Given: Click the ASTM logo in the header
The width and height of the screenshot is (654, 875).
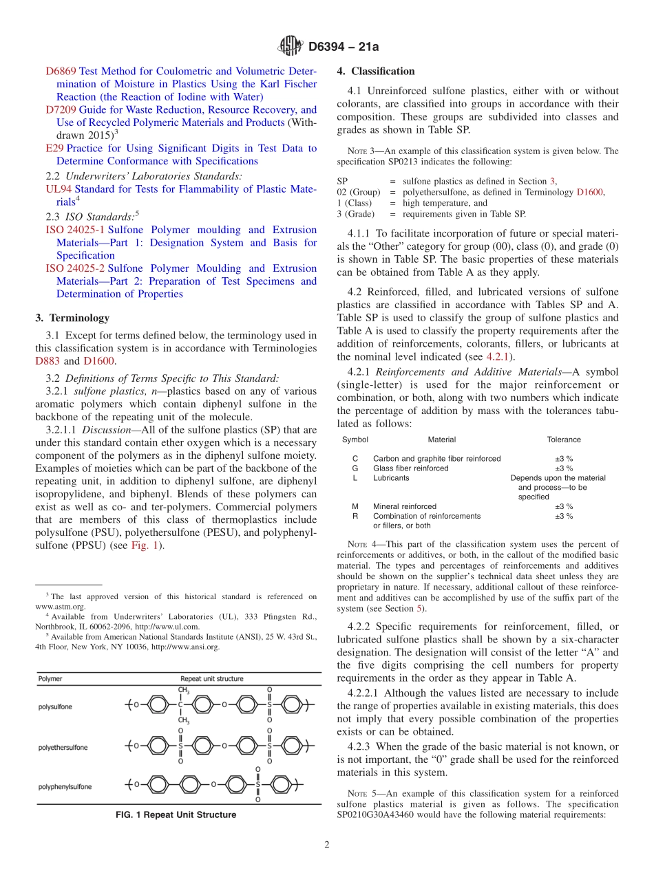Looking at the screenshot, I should [x=290, y=46].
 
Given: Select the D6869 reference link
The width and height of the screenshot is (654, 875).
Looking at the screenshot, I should [x=61, y=71].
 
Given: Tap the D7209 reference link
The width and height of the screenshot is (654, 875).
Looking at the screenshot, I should [x=61, y=109].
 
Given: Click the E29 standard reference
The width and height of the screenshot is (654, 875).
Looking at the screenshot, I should [x=54, y=148].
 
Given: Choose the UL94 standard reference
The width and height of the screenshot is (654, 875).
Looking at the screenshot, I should [x=59, y=188].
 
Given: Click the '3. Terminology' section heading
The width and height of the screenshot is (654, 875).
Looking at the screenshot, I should [x=72, y=318].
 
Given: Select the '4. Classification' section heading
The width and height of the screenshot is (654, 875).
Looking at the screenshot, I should [x=376, y=71].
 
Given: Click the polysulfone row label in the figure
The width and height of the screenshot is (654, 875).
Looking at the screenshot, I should [x=55, y=706].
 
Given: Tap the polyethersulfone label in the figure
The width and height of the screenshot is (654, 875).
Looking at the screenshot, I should [x=63, y=746].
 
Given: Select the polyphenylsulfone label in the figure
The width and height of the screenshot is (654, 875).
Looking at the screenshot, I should [x=65, y=786].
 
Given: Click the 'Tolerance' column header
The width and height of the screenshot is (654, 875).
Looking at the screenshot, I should [x=563, y=440].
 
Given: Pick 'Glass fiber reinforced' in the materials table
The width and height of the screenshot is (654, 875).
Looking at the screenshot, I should [x=410, y=468].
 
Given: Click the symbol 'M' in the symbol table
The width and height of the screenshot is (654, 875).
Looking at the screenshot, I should [x=355, y=506].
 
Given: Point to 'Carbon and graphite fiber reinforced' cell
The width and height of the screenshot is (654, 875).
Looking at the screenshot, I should [x=436, y=458].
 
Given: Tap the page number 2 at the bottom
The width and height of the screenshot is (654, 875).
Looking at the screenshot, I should [x=327, y=845].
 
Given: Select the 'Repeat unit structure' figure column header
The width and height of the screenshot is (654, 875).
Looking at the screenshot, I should [x=211, y=679].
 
